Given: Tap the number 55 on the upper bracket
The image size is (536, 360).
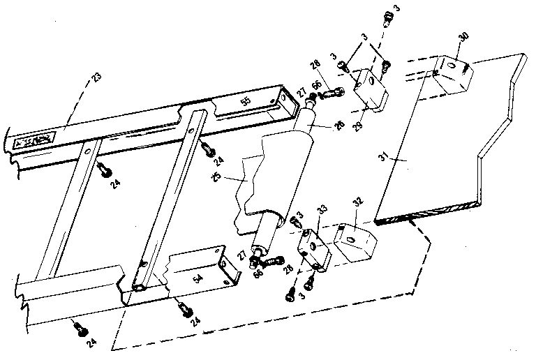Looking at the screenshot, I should click(x=245, y=102).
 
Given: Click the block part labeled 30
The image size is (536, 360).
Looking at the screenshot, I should click(x=452, y=70).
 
